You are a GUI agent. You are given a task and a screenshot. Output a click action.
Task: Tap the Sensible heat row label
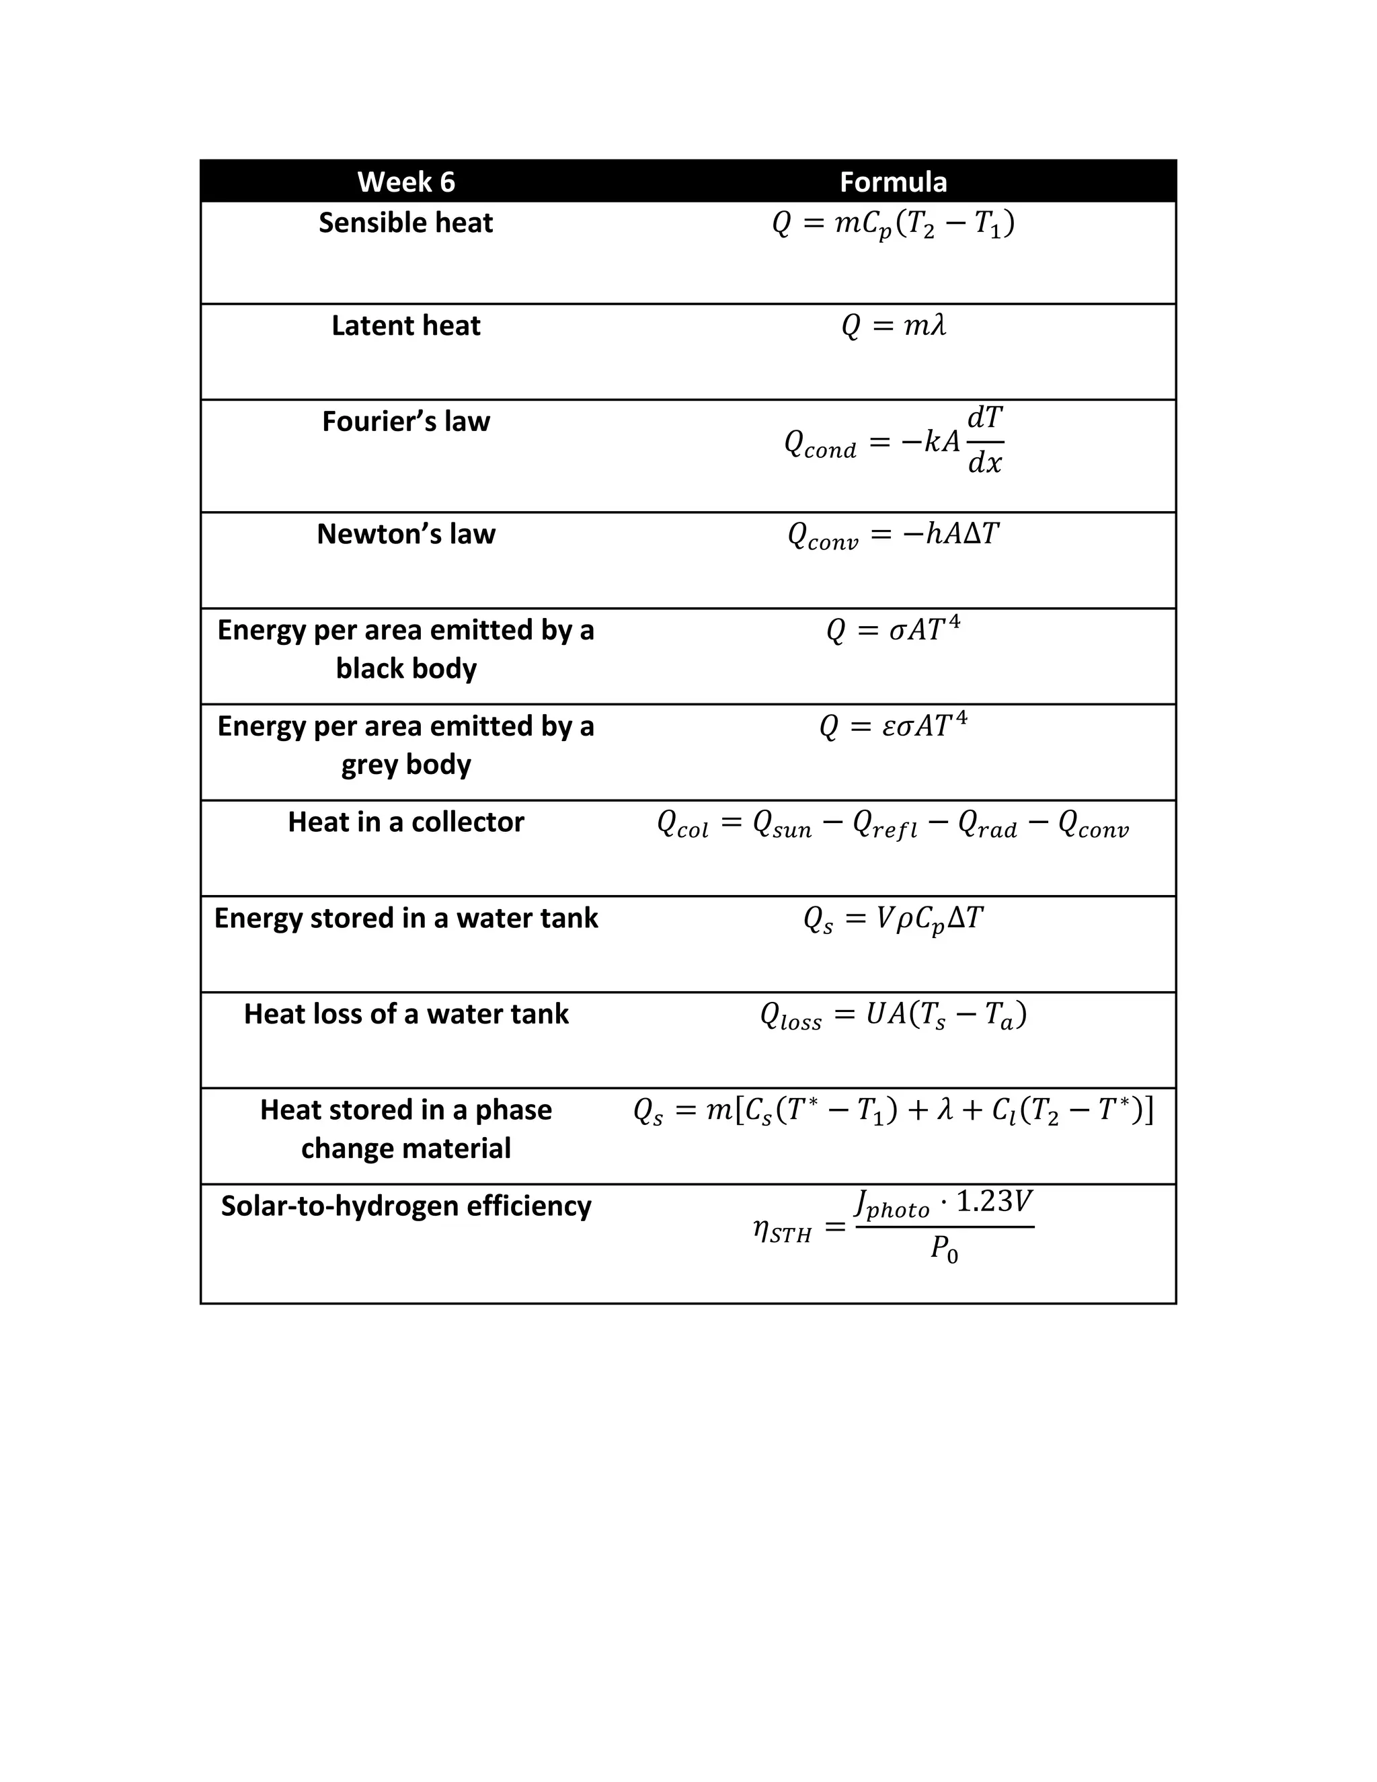click(405, 223)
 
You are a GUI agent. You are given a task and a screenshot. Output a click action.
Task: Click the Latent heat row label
click(405, 325)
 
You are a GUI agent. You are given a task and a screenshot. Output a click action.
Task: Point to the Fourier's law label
click(405, 422)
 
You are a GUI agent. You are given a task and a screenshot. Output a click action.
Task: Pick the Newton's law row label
click(405, 535)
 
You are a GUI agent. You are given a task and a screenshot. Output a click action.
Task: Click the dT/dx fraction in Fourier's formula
click(984, 440)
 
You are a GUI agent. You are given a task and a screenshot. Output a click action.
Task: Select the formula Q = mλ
click(894, 326)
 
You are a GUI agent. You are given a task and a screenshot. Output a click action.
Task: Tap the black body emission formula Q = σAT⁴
click(894, 630)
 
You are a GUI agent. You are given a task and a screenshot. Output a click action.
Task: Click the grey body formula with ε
click(894, 726)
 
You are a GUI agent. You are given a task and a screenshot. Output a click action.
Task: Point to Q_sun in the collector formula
click(781, 824)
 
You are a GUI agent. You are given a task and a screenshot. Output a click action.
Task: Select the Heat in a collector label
click(405, 822)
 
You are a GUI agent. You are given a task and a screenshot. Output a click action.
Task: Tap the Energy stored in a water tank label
click(405, 919)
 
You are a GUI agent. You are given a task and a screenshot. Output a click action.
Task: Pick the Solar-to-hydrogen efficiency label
click(405, 1206)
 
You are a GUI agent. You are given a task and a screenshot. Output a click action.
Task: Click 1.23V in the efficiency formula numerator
click(994, 1202)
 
